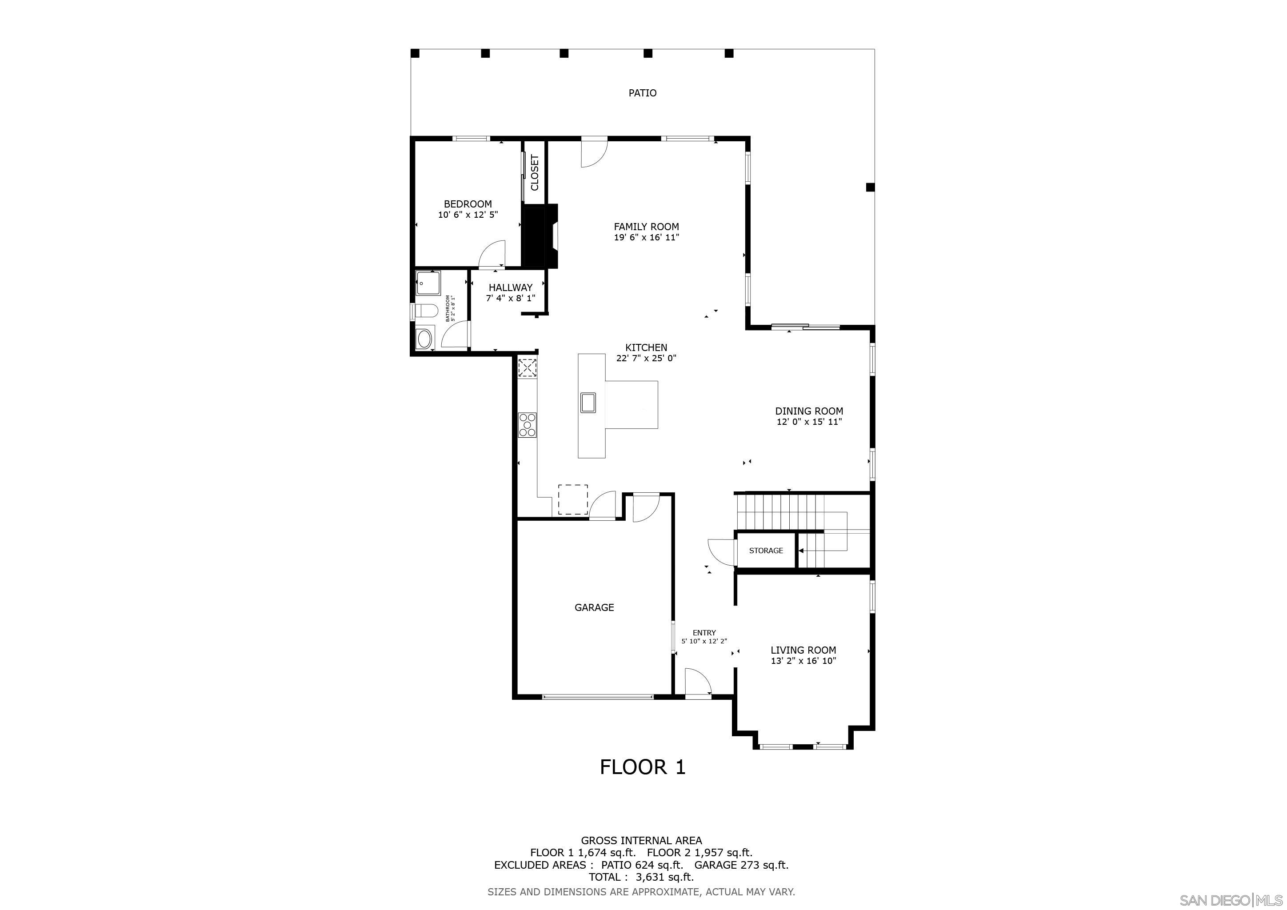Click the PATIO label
click(x=642, y=93)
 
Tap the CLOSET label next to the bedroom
click(x=535, y=172)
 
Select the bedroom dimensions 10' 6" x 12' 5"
click(x=468, y=215)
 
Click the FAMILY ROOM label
click(x=646, y=227)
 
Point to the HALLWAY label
click(x=511, y=287)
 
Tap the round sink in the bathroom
click(x=424, y=339)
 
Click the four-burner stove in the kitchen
click(x=528, y=424)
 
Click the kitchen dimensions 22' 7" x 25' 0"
click(x=646, y=359)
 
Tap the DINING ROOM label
click(x=809, y=411)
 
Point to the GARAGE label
click(x=594, y=607)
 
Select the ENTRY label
click(x=704, y=633)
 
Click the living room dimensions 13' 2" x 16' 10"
click(x=803, y=661)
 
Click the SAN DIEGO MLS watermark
click(x=1231, y=901)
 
